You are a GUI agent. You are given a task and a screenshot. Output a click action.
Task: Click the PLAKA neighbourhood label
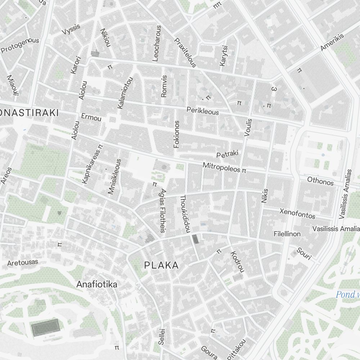click(161, 265)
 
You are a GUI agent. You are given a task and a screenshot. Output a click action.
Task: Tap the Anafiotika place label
click(96, 284)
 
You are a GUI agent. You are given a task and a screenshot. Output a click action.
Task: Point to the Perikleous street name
click(202, 111)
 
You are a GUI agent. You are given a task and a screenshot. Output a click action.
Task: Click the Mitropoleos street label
click(221, 167)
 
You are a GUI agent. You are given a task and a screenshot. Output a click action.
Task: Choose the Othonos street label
click(320, 181)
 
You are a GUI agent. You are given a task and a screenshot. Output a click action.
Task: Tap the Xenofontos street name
click(297, 213)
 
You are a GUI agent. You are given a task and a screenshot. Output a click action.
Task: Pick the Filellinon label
click(287, 234)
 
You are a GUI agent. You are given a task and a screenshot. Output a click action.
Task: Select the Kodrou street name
click(238, 262)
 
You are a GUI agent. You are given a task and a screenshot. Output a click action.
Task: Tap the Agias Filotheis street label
click(163, 211)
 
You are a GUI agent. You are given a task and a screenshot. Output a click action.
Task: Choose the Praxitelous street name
click(185, 53)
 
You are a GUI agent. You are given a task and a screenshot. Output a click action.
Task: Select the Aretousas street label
click(22, 262)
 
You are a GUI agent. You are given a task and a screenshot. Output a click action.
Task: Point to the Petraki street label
click(228, 154)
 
